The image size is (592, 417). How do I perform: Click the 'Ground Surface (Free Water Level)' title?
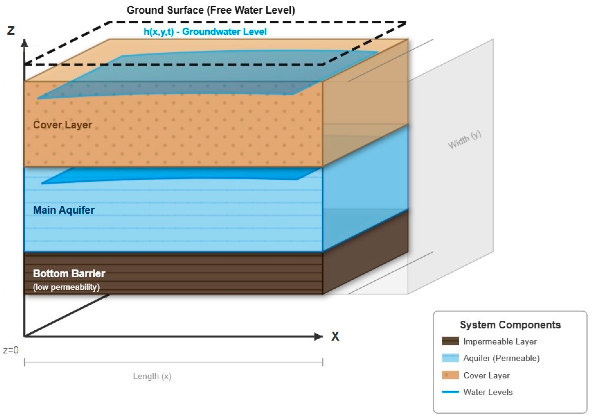point(211,10)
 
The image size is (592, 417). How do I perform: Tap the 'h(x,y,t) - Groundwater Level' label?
point(205,32)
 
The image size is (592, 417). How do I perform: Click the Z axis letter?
point(11,30)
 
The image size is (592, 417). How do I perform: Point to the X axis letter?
point(335,336)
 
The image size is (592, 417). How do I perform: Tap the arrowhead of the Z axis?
point(25,43)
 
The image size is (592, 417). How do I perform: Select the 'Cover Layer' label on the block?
point(62,125)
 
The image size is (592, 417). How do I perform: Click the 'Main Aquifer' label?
point(64,210)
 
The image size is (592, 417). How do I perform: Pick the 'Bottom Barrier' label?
point(69,273)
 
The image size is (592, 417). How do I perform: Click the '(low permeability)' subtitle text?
point(66,287)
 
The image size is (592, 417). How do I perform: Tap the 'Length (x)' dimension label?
point(152,376)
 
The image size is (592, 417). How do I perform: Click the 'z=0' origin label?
point(11,350)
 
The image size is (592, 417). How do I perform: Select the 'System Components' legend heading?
point(510,325)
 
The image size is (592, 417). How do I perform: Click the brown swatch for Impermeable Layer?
point(450,341)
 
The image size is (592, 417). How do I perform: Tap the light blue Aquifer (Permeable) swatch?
point(450,358)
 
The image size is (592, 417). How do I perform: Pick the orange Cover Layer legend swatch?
point(450,375)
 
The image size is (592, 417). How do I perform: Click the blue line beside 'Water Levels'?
point(450,392)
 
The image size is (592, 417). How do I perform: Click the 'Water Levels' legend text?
point(488,392)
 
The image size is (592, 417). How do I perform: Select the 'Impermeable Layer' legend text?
point(500,341)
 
